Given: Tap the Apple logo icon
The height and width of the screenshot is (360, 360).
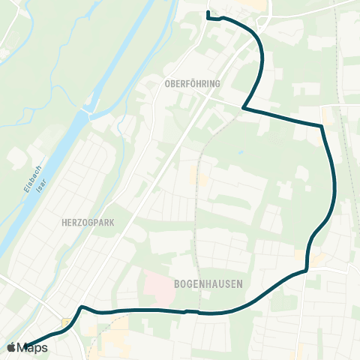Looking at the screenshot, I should point(10,347).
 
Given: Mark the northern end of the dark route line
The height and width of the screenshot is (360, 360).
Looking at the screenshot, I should point(208,13).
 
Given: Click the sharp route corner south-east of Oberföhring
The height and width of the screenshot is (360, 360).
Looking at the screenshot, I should point(244,109).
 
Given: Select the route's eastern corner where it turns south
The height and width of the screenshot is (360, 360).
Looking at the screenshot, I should point(322,127).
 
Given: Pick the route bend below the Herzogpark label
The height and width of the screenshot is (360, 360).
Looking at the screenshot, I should point(81,307).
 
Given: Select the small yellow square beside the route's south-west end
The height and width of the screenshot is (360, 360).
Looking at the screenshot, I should point(66,322).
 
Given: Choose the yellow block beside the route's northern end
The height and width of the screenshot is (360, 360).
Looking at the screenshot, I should point(257,6).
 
